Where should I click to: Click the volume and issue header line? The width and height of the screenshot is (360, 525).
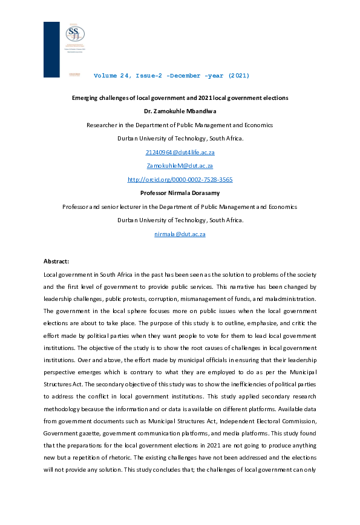[x=171, y=76]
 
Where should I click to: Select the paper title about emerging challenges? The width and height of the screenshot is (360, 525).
[x=180, y=97]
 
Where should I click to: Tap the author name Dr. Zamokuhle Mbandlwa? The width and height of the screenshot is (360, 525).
[x=180, y=111]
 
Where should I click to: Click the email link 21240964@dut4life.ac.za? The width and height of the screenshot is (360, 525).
[x=180, y=153]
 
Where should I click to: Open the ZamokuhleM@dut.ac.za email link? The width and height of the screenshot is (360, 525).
[x=180, y=166]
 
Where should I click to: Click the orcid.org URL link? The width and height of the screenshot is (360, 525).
[x=180, y=180]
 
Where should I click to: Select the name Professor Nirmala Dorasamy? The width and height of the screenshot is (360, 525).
[x=180, y=193]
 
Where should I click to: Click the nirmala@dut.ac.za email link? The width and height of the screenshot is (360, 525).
[x=180, y=234]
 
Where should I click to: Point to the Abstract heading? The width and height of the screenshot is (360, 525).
[x=56, y=262]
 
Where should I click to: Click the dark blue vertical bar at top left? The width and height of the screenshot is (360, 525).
[x=51, y=48]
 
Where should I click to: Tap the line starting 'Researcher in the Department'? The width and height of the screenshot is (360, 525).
[x=180, y=125]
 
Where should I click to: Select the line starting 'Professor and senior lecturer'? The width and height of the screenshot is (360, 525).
[x=180, y=207]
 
